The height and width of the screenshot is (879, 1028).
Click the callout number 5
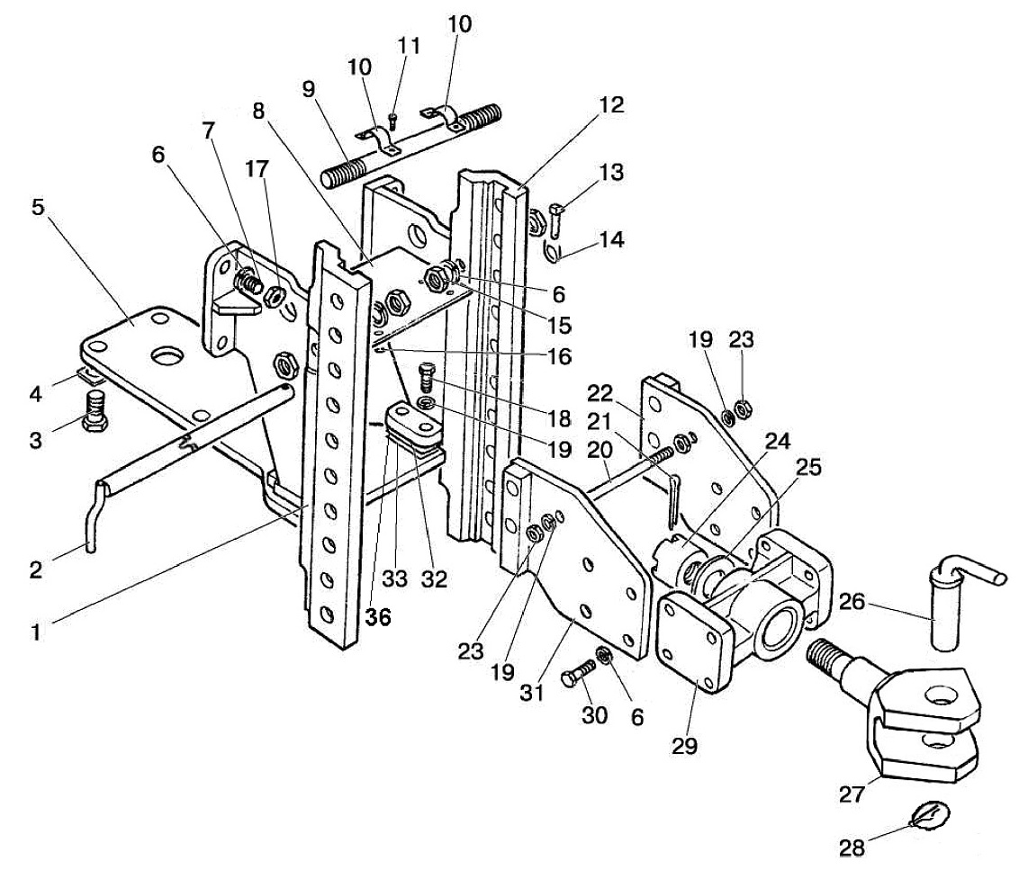[39, 207]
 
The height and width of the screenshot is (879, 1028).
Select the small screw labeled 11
[392, 121]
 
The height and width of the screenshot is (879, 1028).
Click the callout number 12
[611, 105]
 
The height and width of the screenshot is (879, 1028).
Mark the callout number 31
[531, 692]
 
